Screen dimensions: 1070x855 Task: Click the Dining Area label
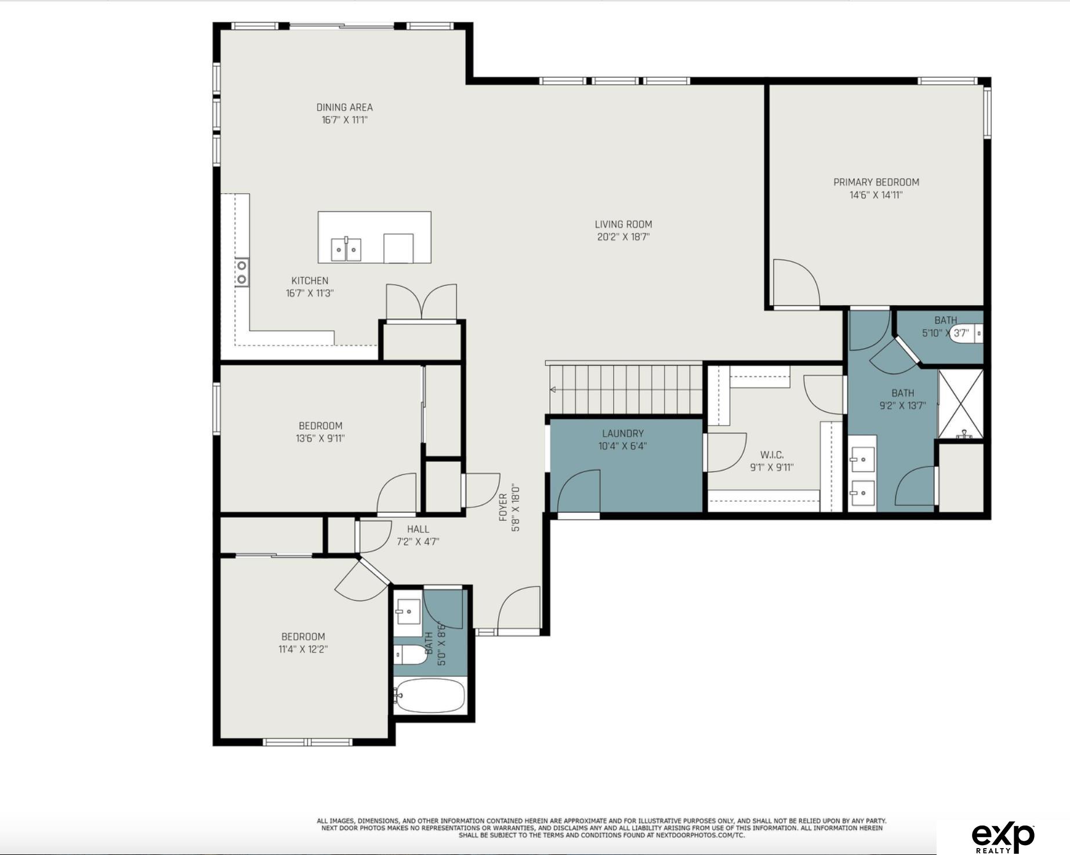pyautogui.click(x=344, y=107)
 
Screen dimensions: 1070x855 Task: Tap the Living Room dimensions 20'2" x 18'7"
pyautogui.click(x=623, y=237)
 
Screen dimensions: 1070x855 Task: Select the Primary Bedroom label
pyautogui.click(x=876, y=182)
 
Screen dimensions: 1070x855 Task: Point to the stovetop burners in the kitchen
pyautogui.click(x=242, y=273)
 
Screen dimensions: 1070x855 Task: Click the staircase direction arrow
pyautogui.click(x=553, y=389)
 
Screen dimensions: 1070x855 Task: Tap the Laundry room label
pyautogui.click(x=623, y=433)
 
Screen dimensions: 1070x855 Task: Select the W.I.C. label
pyautogui.click(x=772, y=455)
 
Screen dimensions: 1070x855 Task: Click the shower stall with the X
pyautogui.click(x=961, y=404)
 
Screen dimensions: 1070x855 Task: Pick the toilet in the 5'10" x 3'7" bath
pyautogui.click(x=967, y=334)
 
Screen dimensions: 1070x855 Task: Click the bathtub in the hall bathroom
pyautogui.click(x=430, y=696)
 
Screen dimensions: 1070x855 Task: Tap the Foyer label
pyautogui.click(x=503, y=507)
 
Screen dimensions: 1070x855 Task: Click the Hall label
pyautogui.click(x=418, y=529)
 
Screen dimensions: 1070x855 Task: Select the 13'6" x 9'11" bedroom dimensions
pyautogui.click(x=320, y=439)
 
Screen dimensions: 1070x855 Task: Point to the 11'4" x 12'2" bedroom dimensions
pyautogui.click(x=303, y=649)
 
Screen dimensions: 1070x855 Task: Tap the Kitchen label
pyautogui.click(x=310, y=281)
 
